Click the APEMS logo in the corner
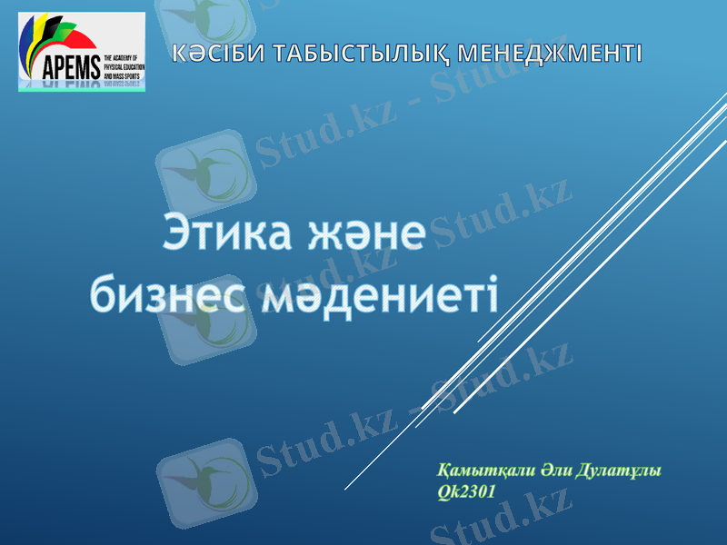[82, 52]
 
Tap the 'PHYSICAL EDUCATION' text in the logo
[124, 65]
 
